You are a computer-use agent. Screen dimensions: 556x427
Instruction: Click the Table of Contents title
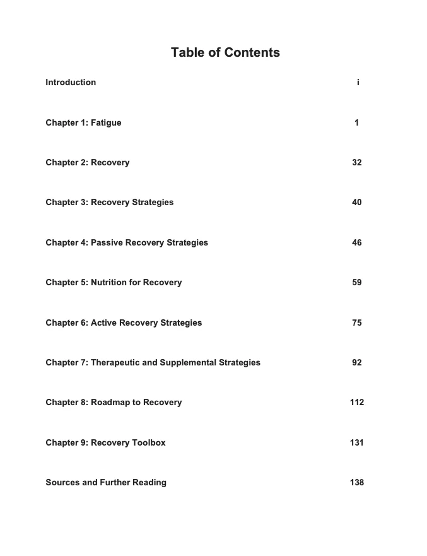(x=225, y=53)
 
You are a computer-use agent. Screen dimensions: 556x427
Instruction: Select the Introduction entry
(x=71, y=83)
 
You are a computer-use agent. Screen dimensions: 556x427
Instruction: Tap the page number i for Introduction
(x=358, y=83)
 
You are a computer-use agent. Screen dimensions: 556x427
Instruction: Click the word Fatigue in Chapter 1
(x=106, y=123)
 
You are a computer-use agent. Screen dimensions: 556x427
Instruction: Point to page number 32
(x=357, y=163)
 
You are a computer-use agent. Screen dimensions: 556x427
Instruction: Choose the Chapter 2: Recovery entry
(x=88, y=163)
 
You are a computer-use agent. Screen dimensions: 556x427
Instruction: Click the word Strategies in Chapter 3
(x=153, y=203)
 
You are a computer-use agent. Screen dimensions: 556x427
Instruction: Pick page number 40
(x=357, y=203)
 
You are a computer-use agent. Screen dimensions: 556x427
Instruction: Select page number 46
(x=357, y=243)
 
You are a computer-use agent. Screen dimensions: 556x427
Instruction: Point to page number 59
(x=357, y=283)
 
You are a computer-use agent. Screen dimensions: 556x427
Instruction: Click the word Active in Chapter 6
(x=103, y=323)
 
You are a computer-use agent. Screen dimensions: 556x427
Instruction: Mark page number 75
(x=357, y=323)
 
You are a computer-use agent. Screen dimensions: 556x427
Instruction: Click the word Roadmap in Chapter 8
(x=110, y=403)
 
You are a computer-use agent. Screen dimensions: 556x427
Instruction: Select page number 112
(x=357, y=403)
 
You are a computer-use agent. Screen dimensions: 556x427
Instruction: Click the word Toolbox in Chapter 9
(x=149, y=443)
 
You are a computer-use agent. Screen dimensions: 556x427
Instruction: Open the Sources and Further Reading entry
(x=106, y=483)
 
